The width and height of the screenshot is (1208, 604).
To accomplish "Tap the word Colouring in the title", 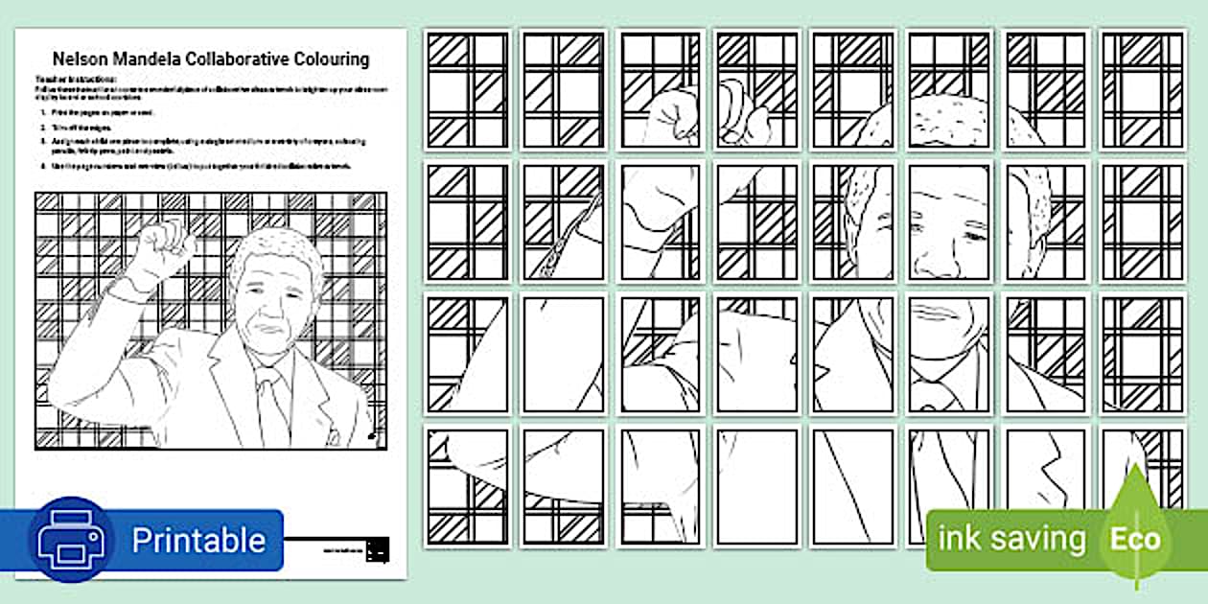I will (x=330, y=59).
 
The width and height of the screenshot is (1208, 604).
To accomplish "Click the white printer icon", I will (x=70, y=540).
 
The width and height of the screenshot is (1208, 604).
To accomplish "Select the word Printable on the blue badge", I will (x=197, y=541).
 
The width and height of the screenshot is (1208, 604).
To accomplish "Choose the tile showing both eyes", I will (x=948, y=222).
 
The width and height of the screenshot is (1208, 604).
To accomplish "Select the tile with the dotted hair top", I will (x=948, y=91).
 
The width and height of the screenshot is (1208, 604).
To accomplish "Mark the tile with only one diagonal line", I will (x=852, y=487).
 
